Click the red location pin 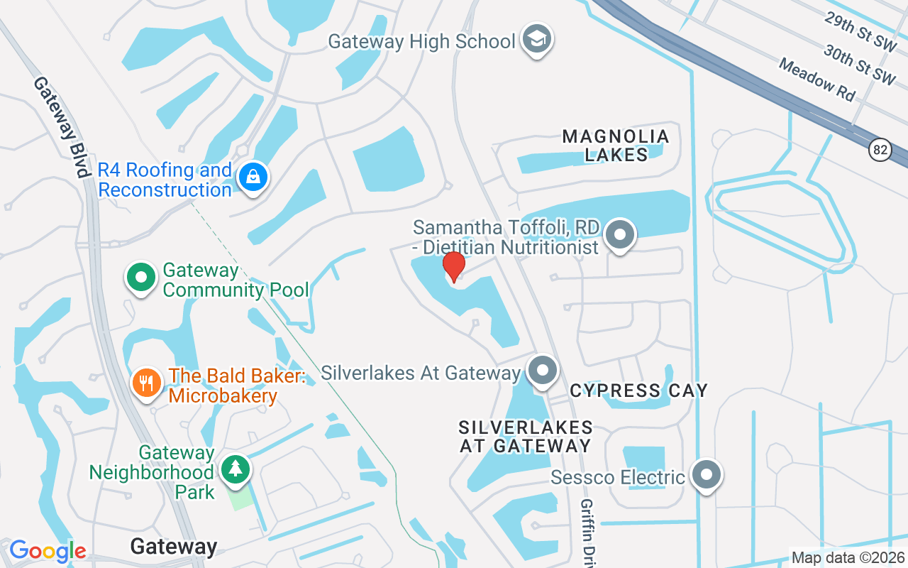coord(453,266)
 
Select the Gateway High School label coord(421,41)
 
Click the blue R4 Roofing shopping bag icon coord(253,177)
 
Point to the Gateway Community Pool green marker coord(141,278)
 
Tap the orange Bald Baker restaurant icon coord(147,383)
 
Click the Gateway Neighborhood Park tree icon coord(235,468)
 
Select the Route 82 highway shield coord(880,150)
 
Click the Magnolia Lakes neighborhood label coord(616,145)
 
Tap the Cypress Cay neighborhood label coord(638,390)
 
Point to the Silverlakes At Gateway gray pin coord(543,371)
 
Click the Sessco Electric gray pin coord(707,475)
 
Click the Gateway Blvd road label coord(62,127)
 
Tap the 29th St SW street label coord(860,31)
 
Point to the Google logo coord(48,550)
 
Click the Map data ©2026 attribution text coord(848,557)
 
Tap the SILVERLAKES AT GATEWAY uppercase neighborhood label coord(526,437)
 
